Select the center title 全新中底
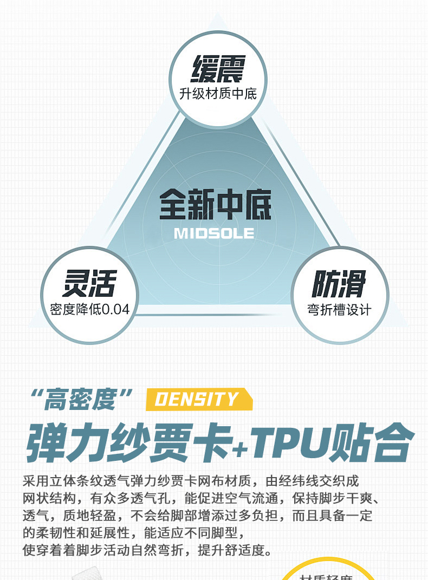click(x=215, y=204)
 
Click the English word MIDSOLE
click(x=214, y=233)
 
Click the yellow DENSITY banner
click(x=198, y=400)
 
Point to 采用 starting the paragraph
click(x=35, y=481)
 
